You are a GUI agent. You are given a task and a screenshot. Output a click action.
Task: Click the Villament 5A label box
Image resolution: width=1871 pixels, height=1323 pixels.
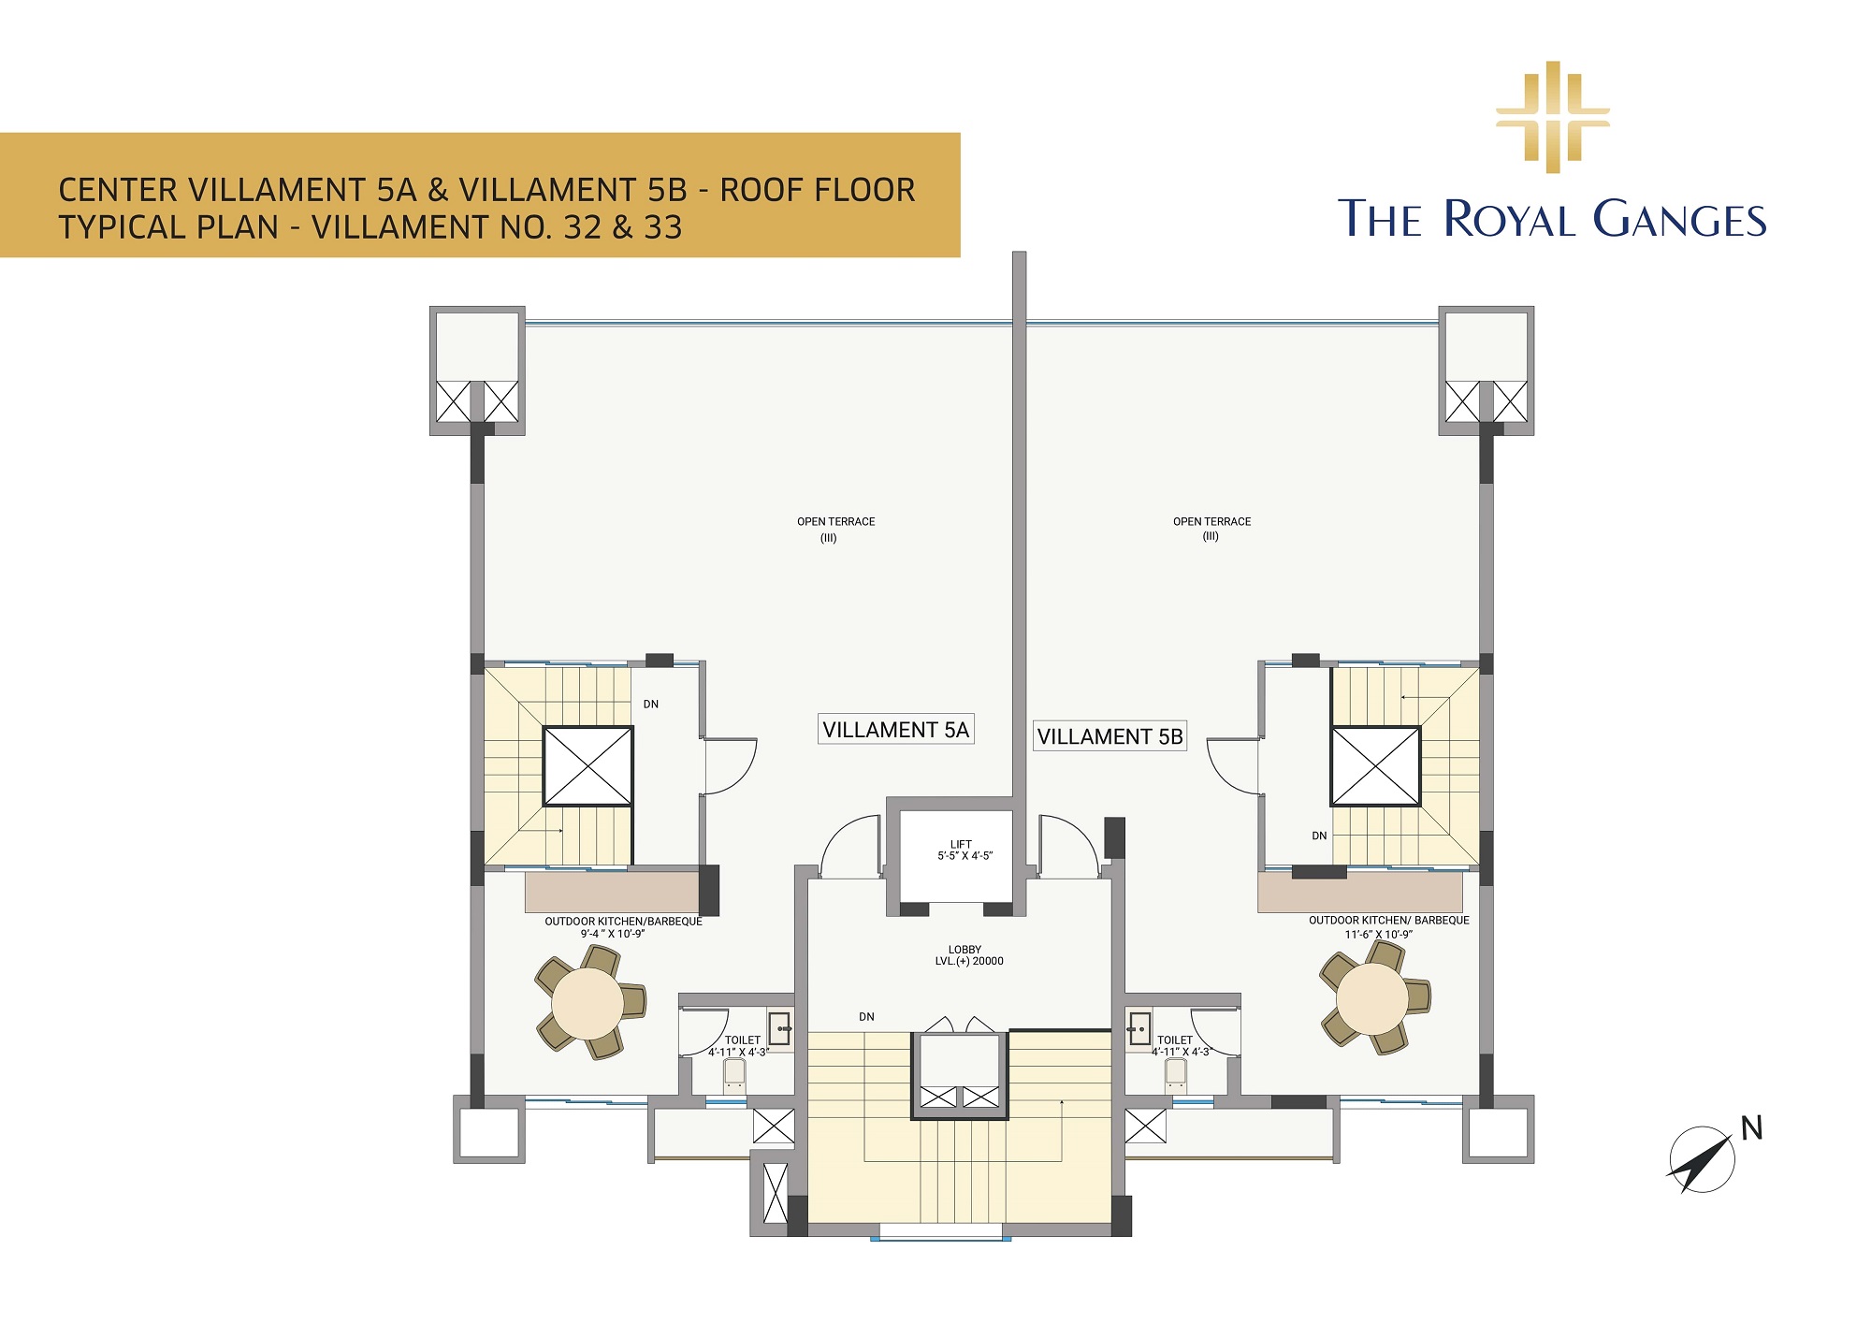896,729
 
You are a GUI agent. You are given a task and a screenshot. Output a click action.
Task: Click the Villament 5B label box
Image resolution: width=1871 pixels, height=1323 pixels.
1110,736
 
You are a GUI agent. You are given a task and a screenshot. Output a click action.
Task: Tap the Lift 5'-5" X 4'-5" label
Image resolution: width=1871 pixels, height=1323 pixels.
964,850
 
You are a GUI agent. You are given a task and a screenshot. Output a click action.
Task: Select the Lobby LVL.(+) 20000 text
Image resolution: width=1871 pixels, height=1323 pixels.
968,955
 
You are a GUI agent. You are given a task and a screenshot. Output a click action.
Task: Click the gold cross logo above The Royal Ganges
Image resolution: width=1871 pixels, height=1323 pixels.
1553,117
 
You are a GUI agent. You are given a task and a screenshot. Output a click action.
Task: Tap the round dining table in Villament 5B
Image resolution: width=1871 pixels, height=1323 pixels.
1372,998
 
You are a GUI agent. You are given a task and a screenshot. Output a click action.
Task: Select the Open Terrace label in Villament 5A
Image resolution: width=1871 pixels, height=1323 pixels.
835,530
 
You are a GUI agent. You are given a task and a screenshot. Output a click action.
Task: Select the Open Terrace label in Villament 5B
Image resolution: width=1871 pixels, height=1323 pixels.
1211,529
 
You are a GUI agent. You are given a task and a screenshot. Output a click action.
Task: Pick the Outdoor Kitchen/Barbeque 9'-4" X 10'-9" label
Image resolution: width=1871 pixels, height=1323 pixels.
623,927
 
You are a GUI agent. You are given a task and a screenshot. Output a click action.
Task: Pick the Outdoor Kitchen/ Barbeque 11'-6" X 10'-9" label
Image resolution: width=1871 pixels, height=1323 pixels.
1388,926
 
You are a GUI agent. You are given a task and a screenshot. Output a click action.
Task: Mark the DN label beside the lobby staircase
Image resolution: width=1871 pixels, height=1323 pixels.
867,1017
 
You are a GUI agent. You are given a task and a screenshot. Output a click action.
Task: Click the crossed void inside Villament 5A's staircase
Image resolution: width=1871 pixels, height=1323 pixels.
587,766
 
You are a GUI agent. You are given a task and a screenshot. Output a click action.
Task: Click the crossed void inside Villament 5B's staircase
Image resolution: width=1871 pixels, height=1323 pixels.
1375,766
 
